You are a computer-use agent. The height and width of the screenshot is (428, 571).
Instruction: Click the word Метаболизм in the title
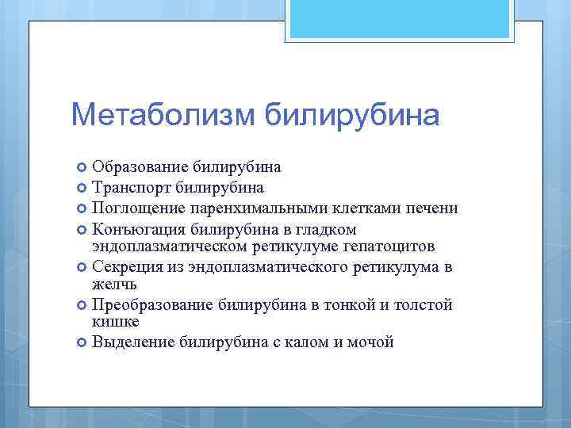163,115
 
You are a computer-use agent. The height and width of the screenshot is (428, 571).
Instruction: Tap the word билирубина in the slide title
351,115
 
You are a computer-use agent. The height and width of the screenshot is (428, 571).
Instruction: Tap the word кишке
116,322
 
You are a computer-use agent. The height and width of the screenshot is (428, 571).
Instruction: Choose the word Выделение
134,342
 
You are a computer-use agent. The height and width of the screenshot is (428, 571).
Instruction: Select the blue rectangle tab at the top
400,19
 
